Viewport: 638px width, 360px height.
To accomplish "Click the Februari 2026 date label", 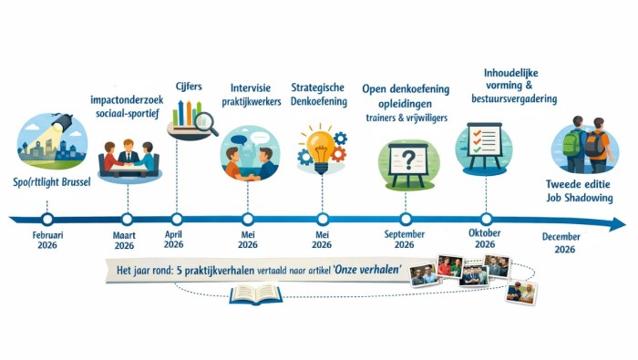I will (x=47, y=238).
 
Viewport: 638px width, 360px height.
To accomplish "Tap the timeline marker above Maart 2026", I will (x=126, y=219).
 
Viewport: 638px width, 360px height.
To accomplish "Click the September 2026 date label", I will (x=405, y=238).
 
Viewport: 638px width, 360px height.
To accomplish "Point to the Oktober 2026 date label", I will (x=485, y=238).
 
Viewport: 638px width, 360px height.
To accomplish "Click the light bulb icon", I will (x=320, y=148).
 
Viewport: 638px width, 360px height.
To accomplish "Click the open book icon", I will (x=255, y=293).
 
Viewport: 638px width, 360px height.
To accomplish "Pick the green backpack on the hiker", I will (x=571, y=143).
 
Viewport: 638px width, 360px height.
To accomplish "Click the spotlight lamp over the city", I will (x=61, y=122).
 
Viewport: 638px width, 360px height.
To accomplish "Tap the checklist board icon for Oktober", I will (x=483, y=145).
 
